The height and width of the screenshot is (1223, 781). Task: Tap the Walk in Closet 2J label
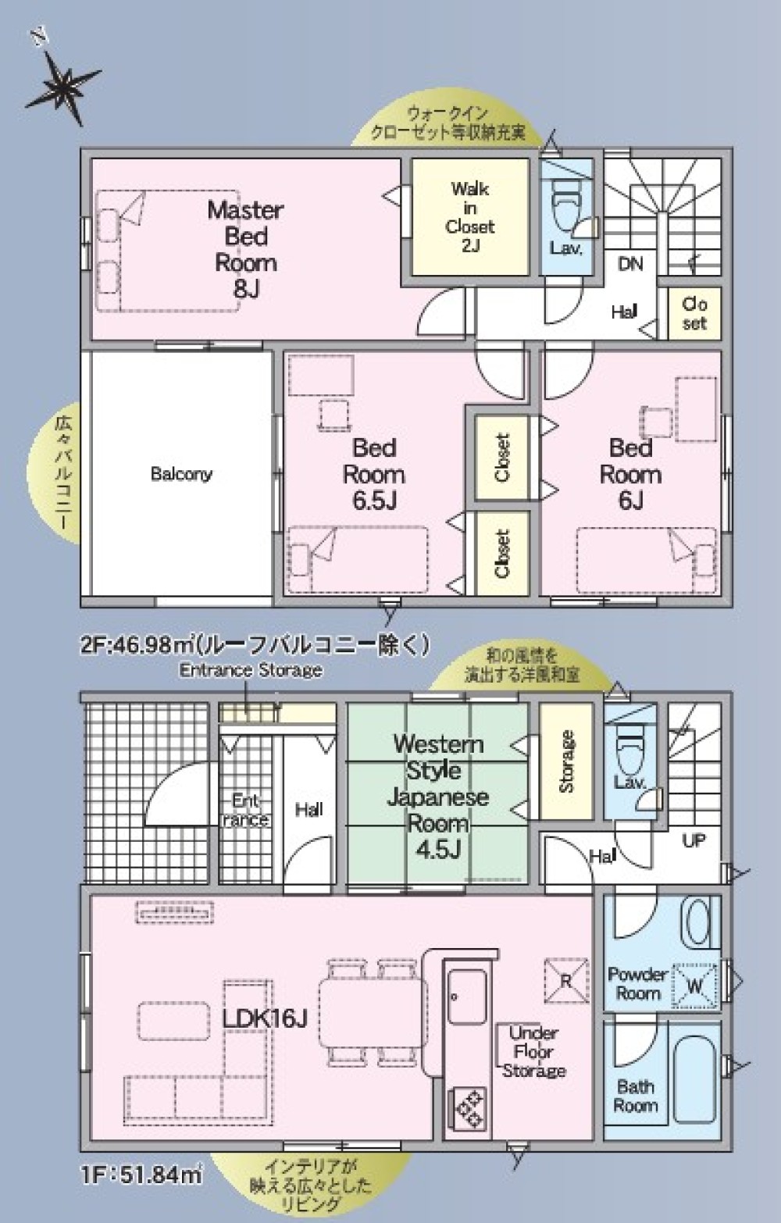pos(470,216)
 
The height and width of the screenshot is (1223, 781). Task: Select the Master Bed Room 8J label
pos(245,248)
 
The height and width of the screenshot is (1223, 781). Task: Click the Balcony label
pos(181,473)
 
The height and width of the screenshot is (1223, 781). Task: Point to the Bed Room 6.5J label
pos(374,473)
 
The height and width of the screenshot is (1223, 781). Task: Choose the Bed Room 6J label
pos(630,473)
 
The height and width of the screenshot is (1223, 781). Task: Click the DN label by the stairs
pos(630,264)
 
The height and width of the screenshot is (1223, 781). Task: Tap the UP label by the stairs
pos(694,841)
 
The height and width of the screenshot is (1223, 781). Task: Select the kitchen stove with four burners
pos(469,1107)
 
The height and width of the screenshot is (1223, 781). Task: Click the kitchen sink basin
pos(466,996)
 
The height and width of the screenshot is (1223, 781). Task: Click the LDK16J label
pos(265,1018)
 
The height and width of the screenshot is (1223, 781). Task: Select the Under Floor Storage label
pos(534,1051)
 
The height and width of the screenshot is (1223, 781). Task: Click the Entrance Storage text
pos(251,670)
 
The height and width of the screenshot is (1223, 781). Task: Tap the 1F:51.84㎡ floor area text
pos(141,1174)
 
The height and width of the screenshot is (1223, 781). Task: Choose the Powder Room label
pos(638,984)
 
